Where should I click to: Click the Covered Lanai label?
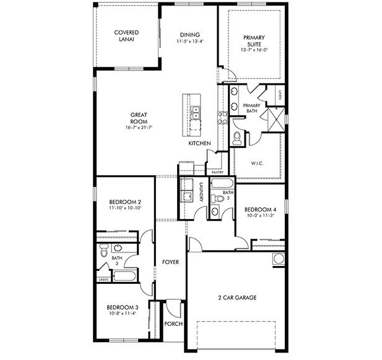click(126, 36)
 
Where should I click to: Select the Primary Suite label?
click(253, 41)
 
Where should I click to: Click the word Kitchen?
click(200, 144)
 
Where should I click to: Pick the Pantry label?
click(217, 172)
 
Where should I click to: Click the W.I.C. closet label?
click(258, 163)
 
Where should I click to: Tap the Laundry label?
click(202, 192)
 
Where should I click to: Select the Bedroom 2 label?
click(126, 202)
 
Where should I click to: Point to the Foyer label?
click(170, 262)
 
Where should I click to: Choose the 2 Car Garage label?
click(237, 298)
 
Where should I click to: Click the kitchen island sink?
click(195, 113)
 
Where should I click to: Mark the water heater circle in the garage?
click(277, 259)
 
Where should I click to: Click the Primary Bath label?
click(251, 109)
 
